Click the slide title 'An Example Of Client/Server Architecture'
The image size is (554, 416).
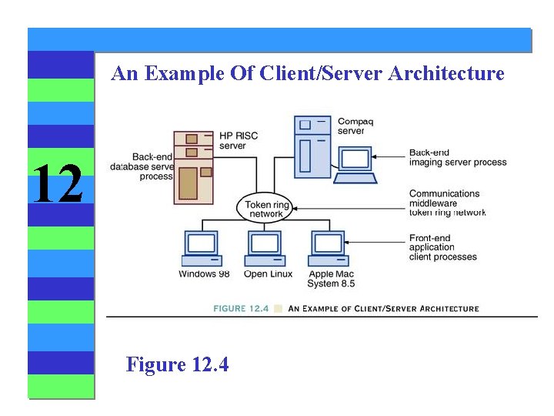pyautogui.click(x=308, y=74)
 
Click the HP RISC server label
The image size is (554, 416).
pyautogui.click(x=238, y=140)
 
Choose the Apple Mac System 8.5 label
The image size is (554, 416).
pyautogui.click(x=332, y=279)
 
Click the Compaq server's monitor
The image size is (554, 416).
pyautogui.click(x=355, y=161)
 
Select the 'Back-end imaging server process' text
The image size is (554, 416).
pyautogui.click(x=457, y=158)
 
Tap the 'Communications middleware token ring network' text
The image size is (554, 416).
pyautogui.click(x=447, y=203)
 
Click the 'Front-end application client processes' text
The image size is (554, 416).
pyautogui.click(x=442, y=247)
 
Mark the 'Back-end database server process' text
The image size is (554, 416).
pyautogui.click(x=143, y=166)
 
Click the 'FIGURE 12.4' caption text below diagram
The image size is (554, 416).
pyautogui.click(x=241, y=308)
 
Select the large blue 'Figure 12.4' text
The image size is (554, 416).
pyautogui.click(x=177, y=364)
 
